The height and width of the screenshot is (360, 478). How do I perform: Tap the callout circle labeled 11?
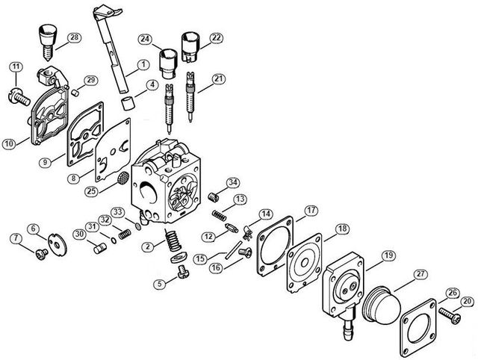pos(15,69)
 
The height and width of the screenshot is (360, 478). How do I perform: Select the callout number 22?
pos(217,37)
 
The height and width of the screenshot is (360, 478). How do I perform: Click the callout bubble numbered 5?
pos(160,284)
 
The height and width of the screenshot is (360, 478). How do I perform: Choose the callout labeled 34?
pos(233,183)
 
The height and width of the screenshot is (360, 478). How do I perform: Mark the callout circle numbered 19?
pos(388,255)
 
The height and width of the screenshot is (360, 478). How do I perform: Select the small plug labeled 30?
pos(96,247)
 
